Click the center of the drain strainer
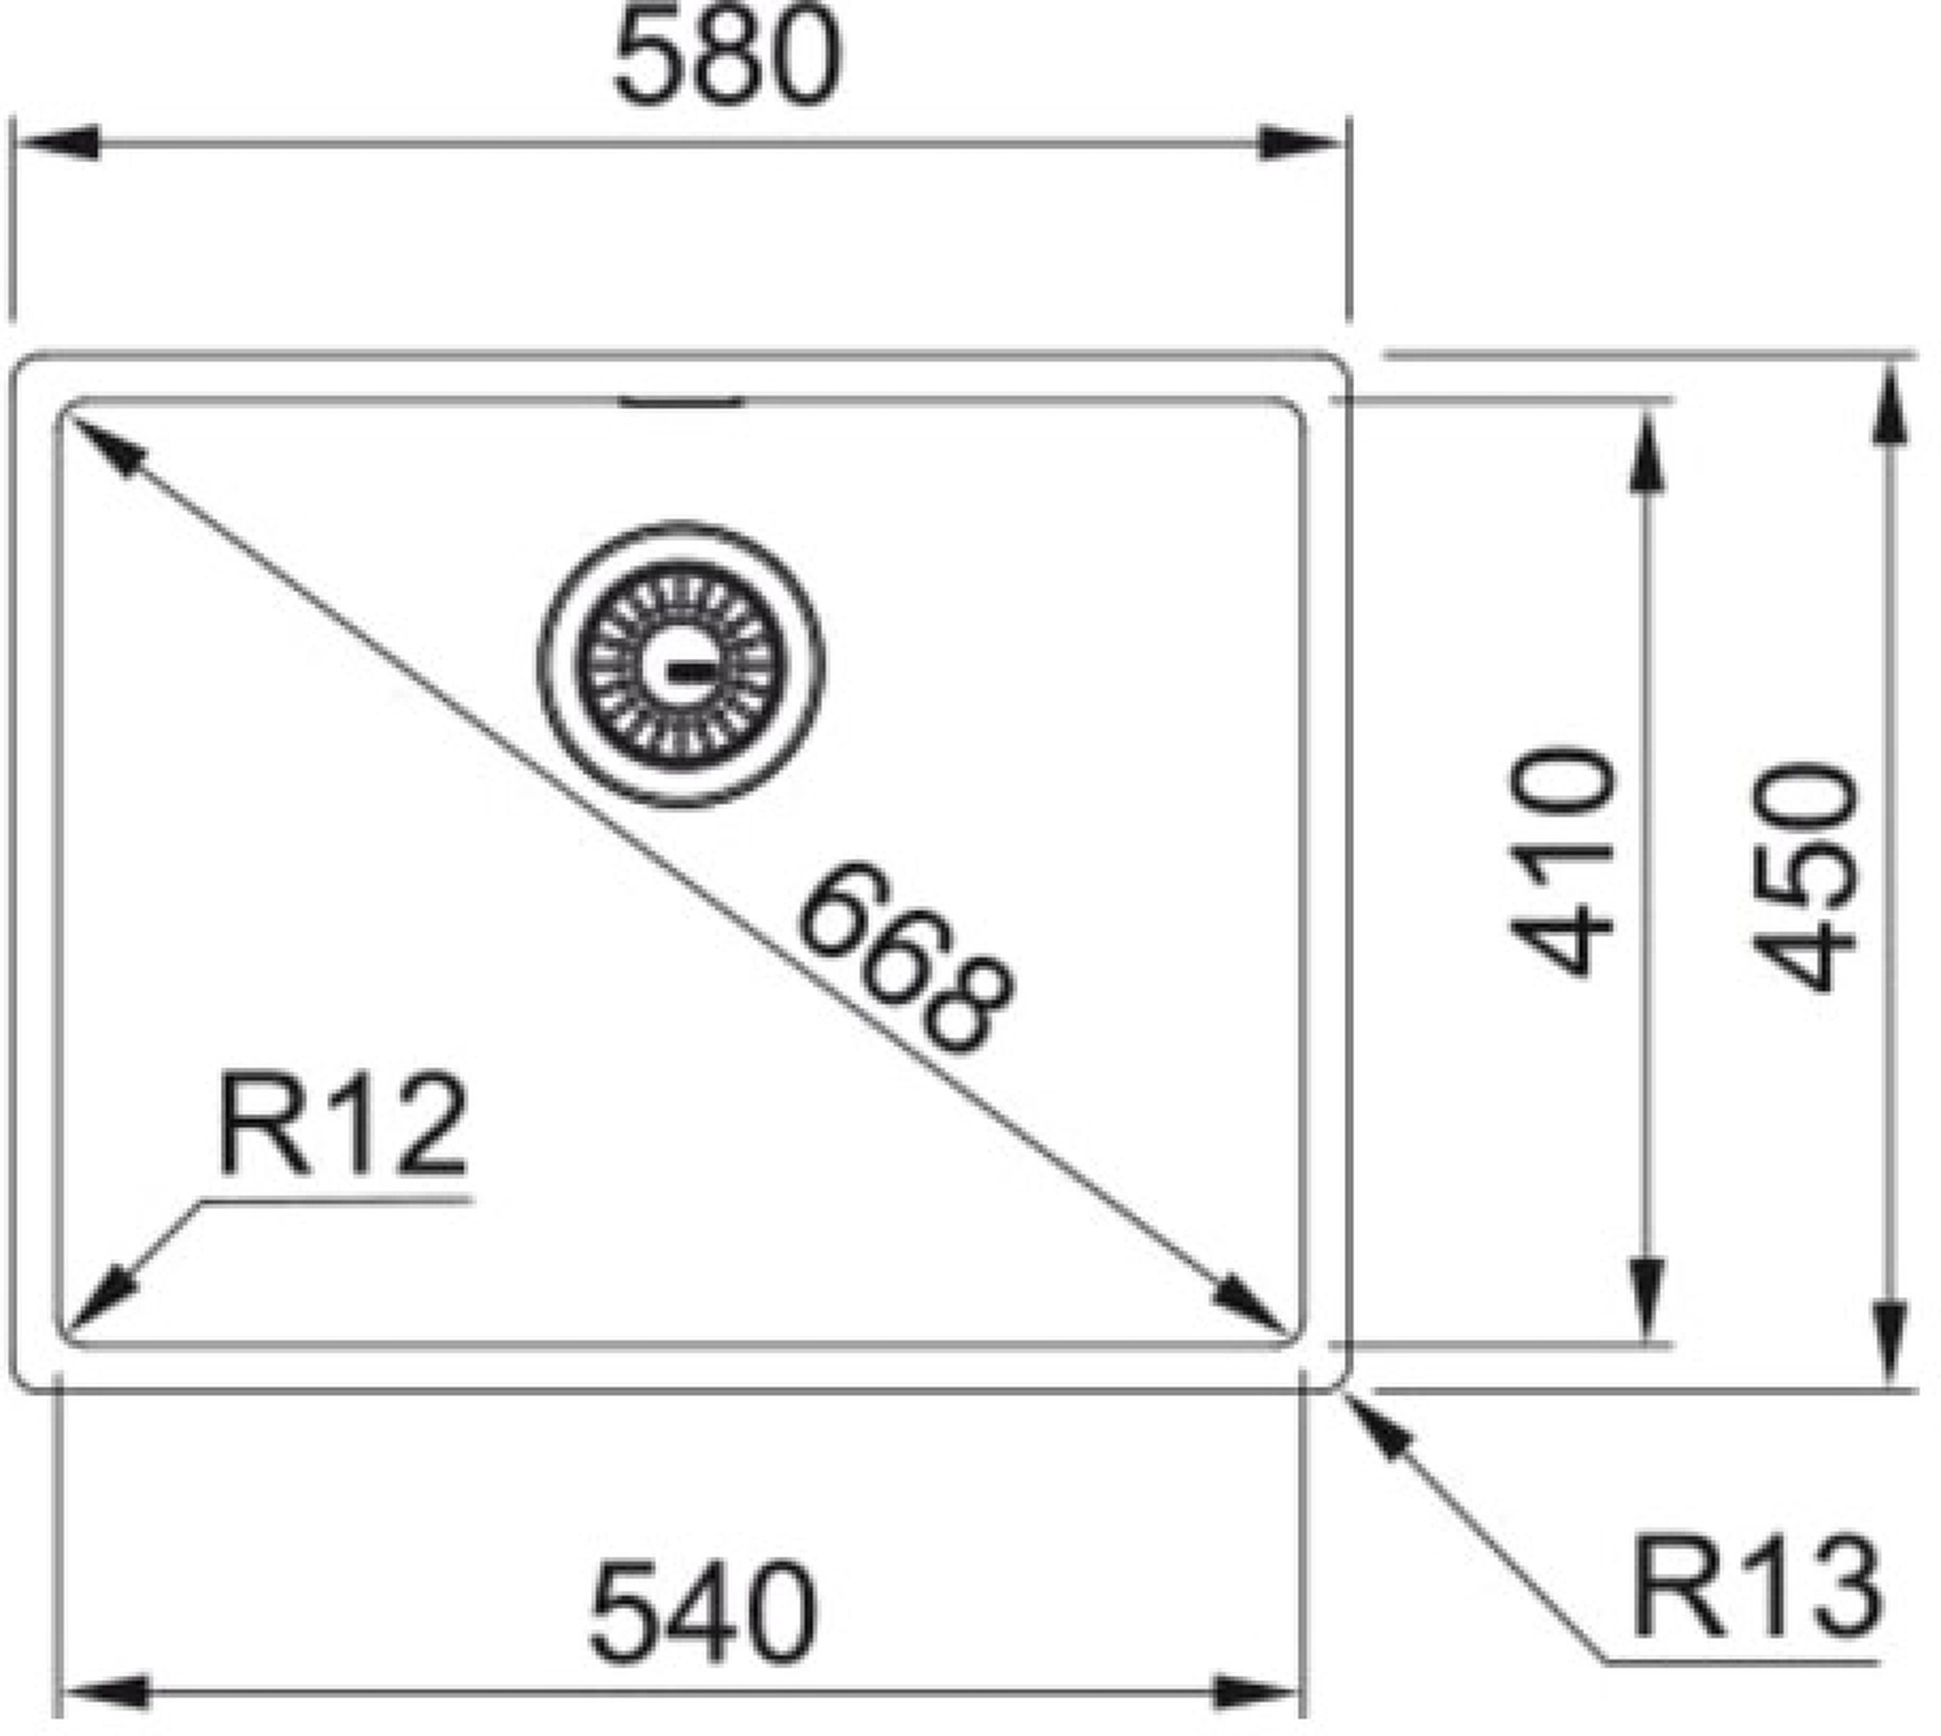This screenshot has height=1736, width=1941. point(681,665)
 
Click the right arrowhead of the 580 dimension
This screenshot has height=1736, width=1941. point(1299,143)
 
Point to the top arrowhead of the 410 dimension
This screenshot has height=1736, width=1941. point(1647,450)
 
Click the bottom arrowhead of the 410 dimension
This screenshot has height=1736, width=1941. point(1647,1299)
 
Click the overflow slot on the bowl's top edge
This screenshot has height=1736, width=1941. point(680,402)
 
